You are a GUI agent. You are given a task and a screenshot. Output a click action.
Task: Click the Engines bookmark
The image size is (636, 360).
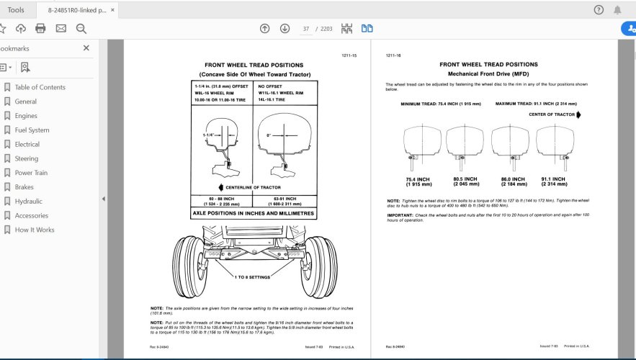[26, 116]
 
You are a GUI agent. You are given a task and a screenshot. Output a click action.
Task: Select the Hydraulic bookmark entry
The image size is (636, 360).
[28, 202]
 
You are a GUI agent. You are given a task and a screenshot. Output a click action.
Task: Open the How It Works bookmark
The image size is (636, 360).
[34, 230]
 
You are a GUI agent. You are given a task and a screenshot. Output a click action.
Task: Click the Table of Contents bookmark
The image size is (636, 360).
[40, 87]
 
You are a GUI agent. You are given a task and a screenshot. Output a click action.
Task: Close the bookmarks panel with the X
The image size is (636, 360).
[86, 48]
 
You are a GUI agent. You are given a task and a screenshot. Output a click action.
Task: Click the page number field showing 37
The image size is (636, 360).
[306, 29]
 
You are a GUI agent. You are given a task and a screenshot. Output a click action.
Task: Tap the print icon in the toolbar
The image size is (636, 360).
[40, 29]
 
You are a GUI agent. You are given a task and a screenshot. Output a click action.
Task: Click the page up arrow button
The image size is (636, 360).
[264, 29]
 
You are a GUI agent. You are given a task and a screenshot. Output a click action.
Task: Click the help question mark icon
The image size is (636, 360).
[599, 10]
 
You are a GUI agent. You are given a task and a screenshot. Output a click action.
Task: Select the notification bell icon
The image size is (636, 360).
[617, 10]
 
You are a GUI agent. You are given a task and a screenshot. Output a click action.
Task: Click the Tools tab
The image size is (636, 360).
[16, 10]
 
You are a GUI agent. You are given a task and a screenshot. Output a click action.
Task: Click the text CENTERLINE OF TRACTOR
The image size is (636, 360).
[254, 187]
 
